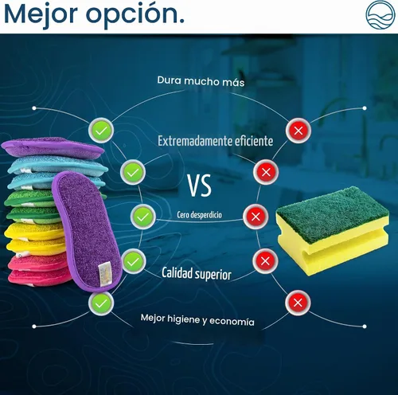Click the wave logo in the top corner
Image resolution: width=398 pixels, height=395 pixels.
click(x=380, y=14)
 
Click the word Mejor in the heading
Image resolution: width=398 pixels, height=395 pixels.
click(x=41, y=14)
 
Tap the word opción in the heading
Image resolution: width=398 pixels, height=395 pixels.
click(x=133, y=15)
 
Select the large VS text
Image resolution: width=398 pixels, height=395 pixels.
click(x=199, y=186)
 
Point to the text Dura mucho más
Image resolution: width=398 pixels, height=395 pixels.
click(x=201, y=81)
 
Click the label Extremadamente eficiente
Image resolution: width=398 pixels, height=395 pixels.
click(x=215, y=141)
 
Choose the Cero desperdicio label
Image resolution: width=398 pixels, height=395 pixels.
click(x=199, y=215)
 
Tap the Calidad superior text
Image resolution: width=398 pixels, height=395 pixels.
click(x=197, y=273)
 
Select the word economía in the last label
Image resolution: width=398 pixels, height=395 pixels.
click(x=232, y=322)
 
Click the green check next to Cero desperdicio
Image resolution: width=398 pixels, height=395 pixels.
click(x=143, y=217)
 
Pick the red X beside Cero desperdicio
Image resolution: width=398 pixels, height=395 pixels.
click(x=256, y=217)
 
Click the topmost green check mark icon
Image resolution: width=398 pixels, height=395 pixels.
click(x=101, y=131)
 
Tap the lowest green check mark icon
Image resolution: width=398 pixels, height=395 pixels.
click(x=101, y=303)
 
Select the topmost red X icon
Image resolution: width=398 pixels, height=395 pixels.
click(x=298, y=131)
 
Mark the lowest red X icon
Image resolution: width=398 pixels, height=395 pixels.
click(x=298, y=303)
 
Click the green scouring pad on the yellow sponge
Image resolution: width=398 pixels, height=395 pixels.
click(x=332, y=213)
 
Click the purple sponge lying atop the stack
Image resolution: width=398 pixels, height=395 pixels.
click(x=53, y=147)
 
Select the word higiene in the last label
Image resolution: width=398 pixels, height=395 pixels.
click(x=183, y=319)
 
